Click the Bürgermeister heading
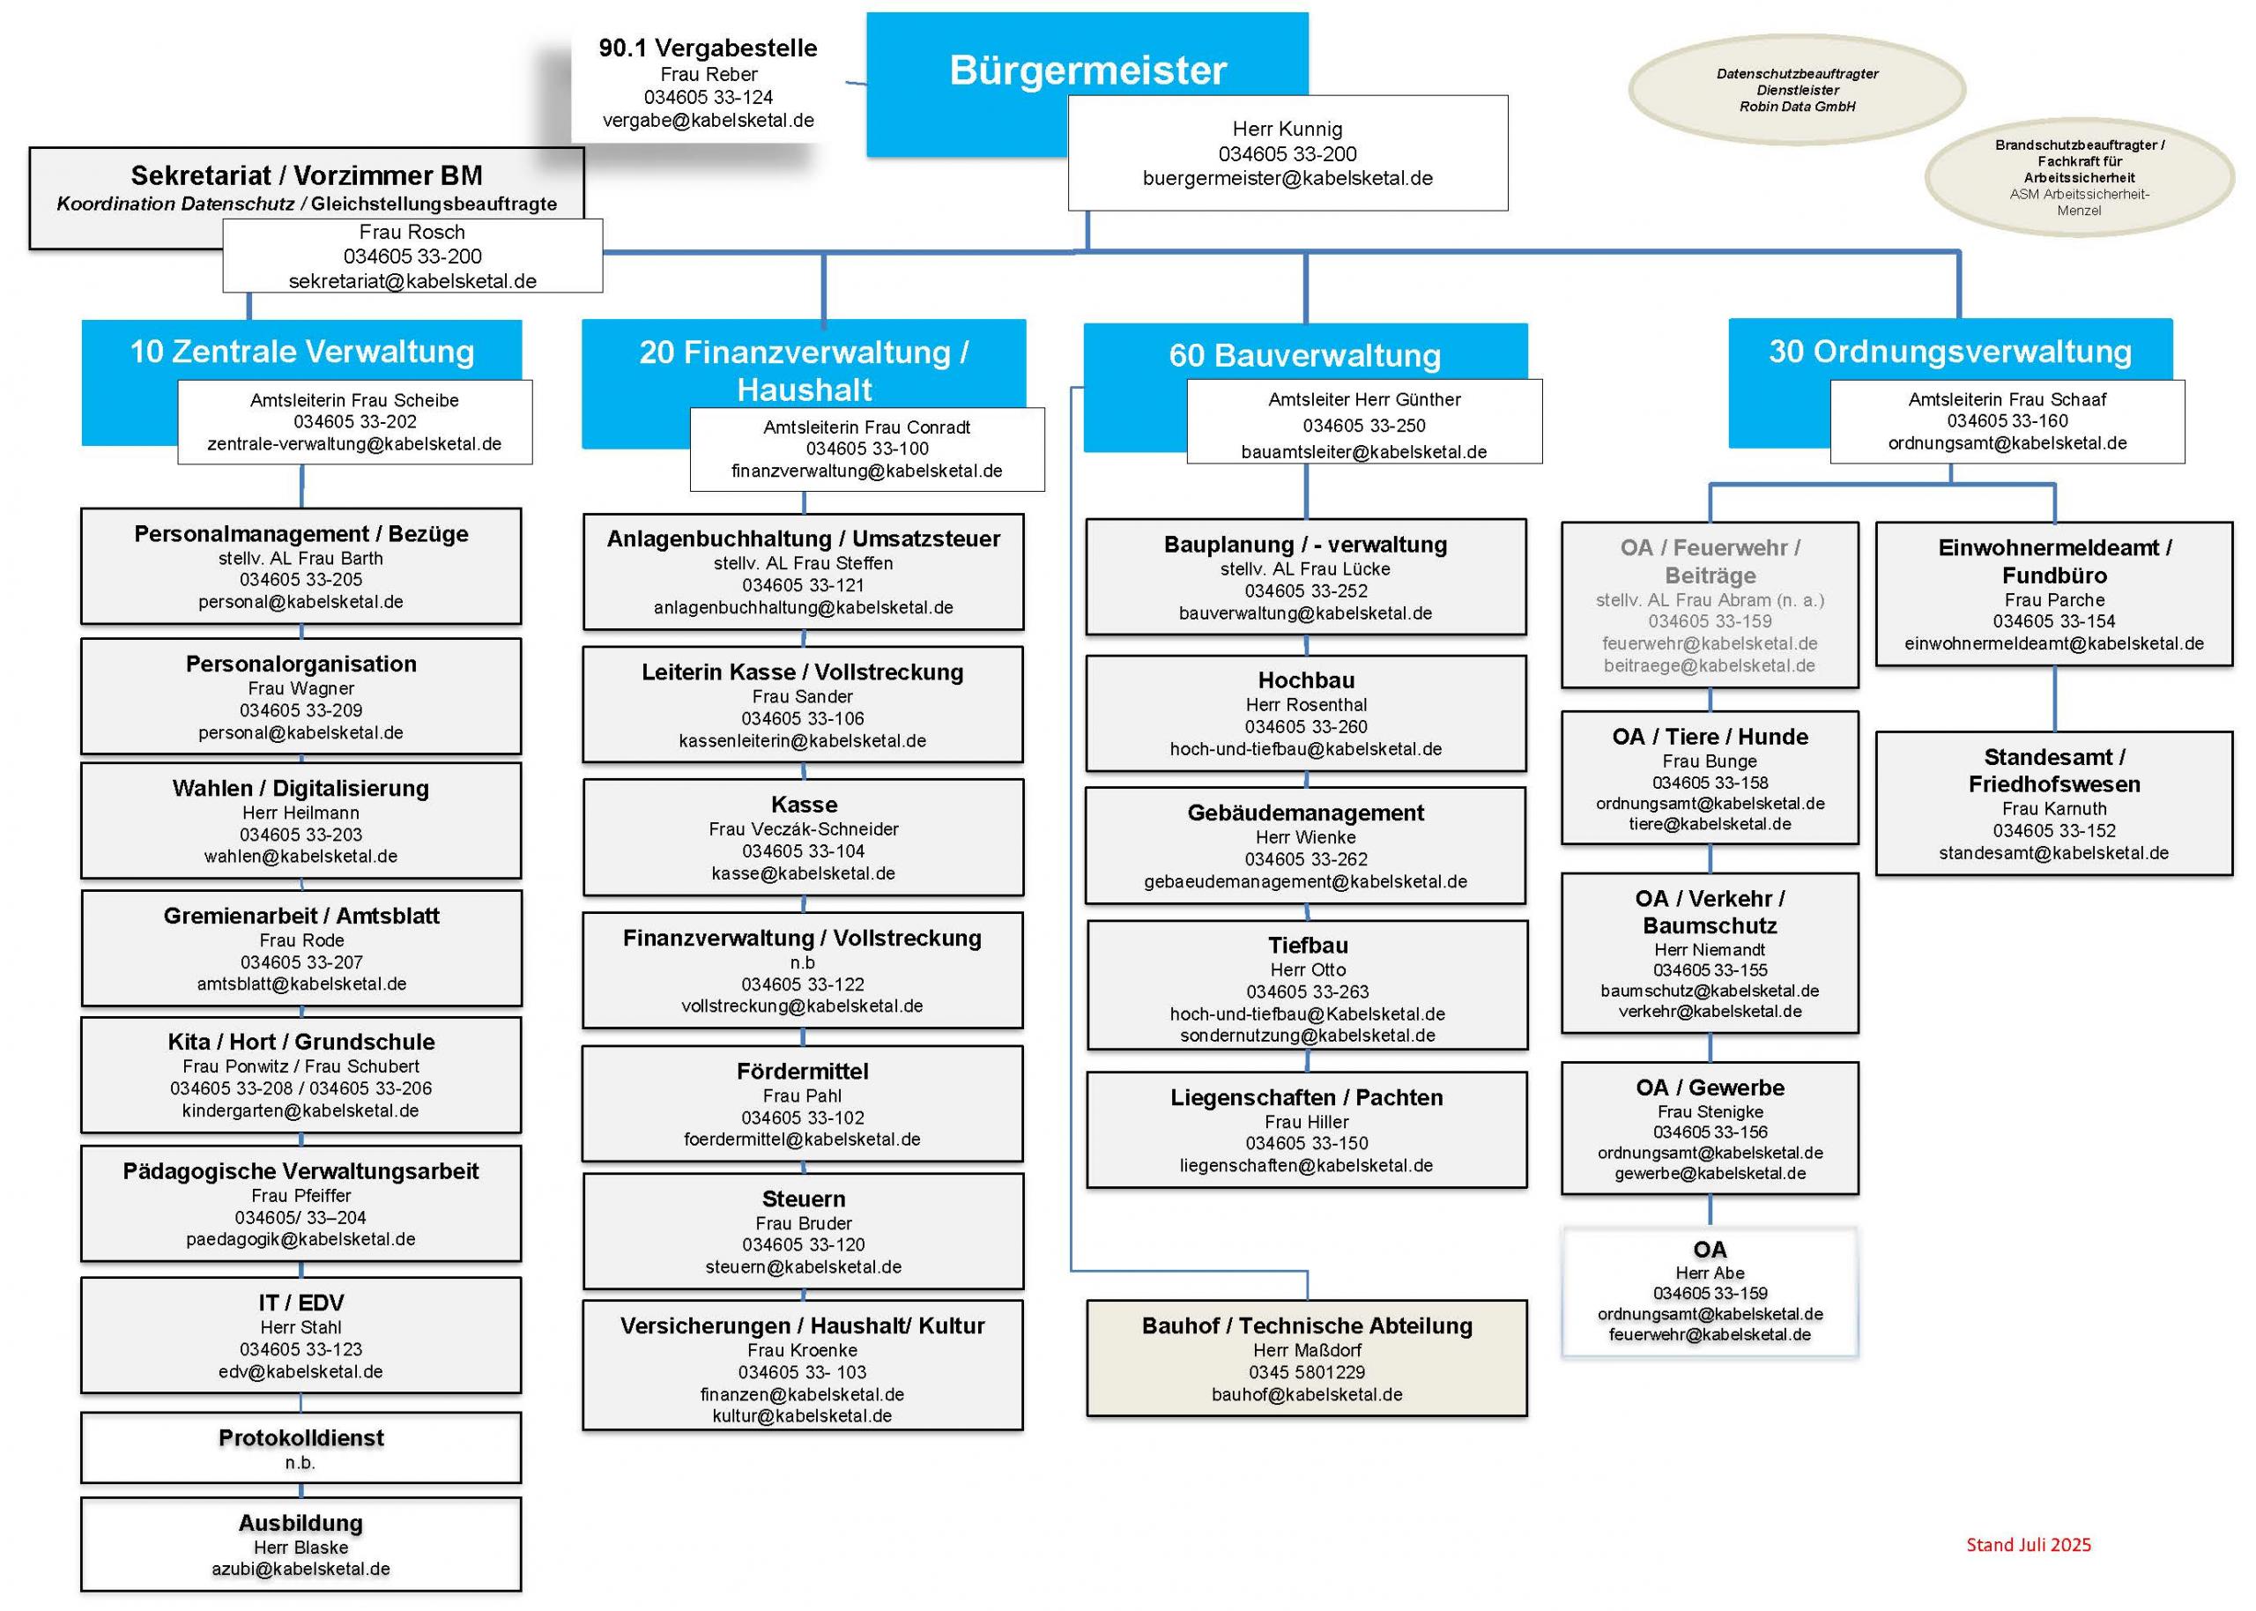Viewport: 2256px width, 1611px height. pos(1087,71)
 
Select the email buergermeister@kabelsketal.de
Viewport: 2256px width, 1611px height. pos(1288,179)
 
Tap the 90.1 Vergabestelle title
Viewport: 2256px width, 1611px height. pos(708,48)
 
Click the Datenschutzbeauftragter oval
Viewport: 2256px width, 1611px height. pos(1797,89)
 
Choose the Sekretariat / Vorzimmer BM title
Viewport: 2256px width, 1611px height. pos(307,175)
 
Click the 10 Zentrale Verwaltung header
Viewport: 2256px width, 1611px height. pos(301,351)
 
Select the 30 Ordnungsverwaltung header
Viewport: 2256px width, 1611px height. pos(1949,351)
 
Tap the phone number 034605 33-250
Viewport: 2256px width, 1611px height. pos(1363,426)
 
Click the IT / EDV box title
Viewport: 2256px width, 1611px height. pos(301,1303)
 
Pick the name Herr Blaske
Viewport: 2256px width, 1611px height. pos(301,1547)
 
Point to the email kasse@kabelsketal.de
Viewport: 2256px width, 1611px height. pos(802,873)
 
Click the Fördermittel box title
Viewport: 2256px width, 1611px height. pos(802,1071)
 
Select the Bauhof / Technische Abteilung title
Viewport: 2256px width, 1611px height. pos(1306,1325)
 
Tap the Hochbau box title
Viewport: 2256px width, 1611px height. pos(1306,679)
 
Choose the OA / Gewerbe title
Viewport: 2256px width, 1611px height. pos(1710,1088)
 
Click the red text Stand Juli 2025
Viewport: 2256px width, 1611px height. pos(2028,1545)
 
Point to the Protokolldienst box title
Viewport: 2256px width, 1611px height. pos(301,1437)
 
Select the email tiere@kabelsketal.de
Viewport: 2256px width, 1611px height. pos(1710,823)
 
